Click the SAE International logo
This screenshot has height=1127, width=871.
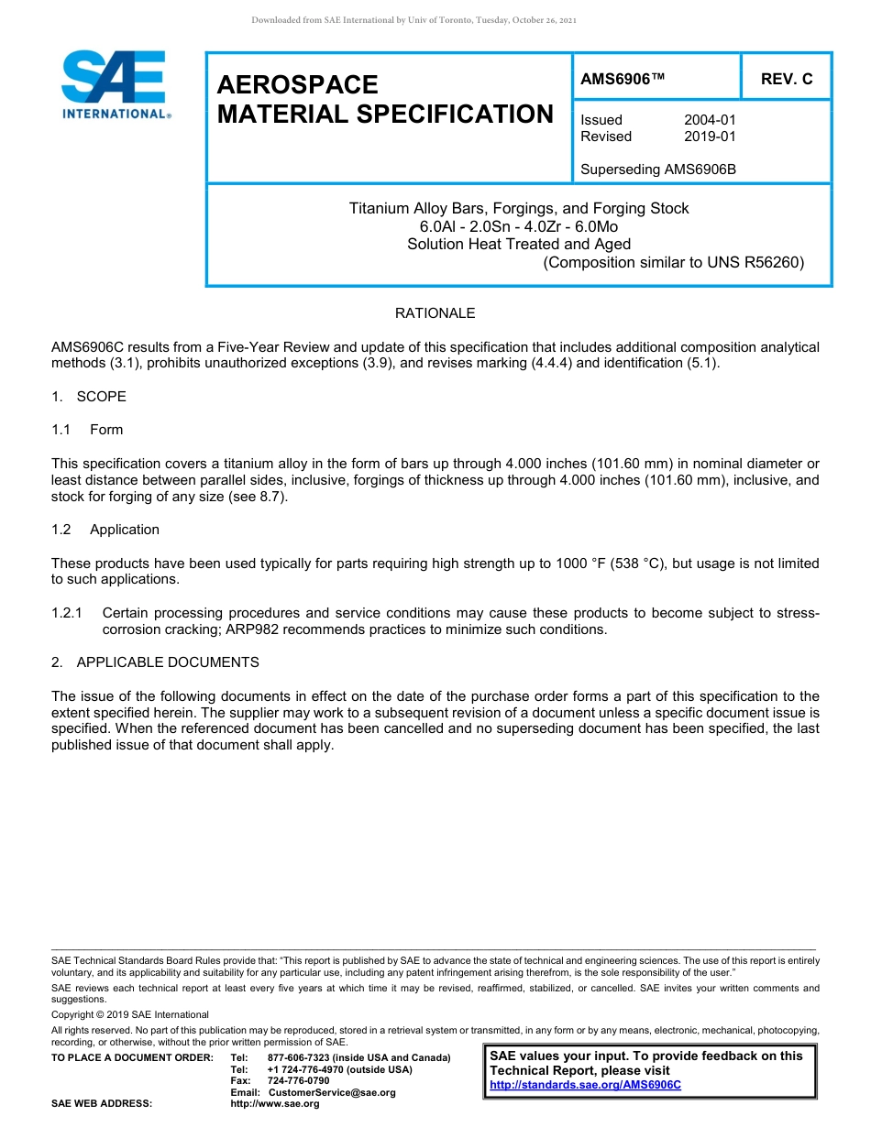click(115, 85)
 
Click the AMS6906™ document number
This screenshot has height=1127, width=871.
click(623, 80)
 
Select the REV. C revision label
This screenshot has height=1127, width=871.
click(786, 80)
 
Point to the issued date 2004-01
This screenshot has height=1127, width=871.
click(710, 120)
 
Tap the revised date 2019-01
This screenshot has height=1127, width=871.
click(710, 137)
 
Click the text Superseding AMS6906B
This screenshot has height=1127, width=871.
click(658, 170)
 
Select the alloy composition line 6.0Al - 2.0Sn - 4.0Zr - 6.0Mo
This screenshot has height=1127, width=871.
click(519, 226)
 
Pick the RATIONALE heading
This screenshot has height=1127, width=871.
click(435, 313)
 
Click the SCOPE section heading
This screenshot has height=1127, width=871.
click(101, 397)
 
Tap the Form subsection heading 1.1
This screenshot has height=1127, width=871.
click(105, 430)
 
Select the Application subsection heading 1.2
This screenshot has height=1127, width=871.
click(124, 530)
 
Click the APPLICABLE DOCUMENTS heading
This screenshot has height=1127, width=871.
click(167, 662)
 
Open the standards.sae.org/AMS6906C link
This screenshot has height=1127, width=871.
click(585, 1085)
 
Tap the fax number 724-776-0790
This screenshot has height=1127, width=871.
click(298, 1081)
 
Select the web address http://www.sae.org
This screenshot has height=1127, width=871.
click(274, 1104)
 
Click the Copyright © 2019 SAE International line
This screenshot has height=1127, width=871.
click(130, 1014)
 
